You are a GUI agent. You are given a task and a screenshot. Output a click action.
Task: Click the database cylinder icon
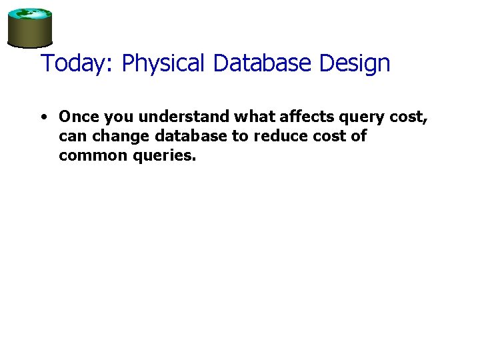[29, 28]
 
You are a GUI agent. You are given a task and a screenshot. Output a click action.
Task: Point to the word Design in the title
[355, 63]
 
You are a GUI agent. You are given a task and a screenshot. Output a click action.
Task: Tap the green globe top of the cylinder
[29, 14]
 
